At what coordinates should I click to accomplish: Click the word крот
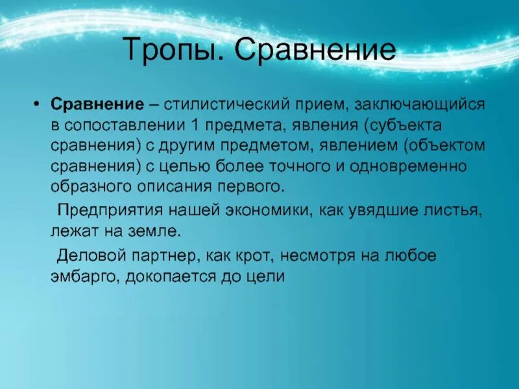coord(259,255)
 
